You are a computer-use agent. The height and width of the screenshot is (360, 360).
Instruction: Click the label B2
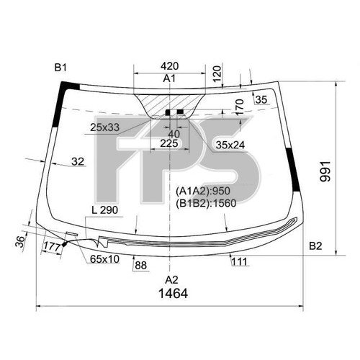pyautogui.click(x=315, y=246)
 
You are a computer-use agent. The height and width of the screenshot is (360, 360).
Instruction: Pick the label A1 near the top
pyautogui.click(x=170, y=78)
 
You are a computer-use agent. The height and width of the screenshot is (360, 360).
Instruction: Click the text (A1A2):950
pyautogui.click(x=205, y=192)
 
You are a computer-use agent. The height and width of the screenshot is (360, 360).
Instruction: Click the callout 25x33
pyautogui.click(x=106, y=127)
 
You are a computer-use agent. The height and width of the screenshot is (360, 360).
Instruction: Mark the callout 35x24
pyautogui.click(x=230, y=144)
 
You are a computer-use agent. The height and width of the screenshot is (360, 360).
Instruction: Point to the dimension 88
pyautogui.click(x=140, y=266)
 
